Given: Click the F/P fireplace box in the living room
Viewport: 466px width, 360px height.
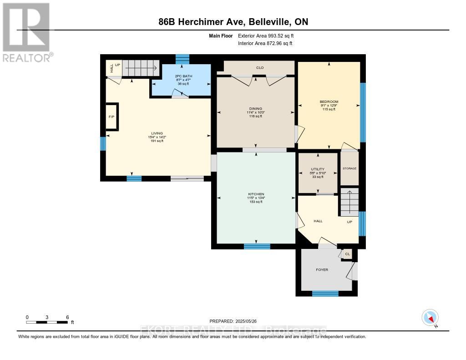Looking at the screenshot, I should click(111, 117).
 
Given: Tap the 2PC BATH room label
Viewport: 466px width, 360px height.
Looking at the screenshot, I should click(181, 76).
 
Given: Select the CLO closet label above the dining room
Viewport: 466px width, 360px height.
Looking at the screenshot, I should click(260, 68).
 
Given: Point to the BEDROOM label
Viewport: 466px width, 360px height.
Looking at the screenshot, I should click(329, 101).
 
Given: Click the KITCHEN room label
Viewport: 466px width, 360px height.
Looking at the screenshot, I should click(256, 194).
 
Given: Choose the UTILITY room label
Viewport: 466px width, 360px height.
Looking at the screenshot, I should click(318, 169).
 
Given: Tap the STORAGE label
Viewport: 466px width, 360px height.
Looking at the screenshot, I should click(349, 168).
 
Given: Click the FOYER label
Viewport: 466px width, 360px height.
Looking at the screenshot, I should click(322, 269).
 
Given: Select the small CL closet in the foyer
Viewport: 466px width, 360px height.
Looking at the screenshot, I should click(347, 254).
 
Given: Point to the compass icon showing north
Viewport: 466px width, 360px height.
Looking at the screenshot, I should click(430, 317).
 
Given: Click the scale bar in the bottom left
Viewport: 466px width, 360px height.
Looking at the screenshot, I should click(47, 322).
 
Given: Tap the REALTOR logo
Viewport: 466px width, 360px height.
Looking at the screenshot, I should click(26, 32).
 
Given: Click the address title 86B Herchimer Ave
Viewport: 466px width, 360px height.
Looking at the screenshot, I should click(233, 22).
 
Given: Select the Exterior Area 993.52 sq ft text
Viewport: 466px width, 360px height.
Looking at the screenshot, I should click(268, 35).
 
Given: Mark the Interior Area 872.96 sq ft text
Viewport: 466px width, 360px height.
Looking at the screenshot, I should click(265, 43).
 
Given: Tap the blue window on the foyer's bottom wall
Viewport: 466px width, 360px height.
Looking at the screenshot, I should click(325, 294).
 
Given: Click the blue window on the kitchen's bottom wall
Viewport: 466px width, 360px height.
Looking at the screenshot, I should click(257, 246).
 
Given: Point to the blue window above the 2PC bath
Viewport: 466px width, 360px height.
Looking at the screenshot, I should click(182, 59).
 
